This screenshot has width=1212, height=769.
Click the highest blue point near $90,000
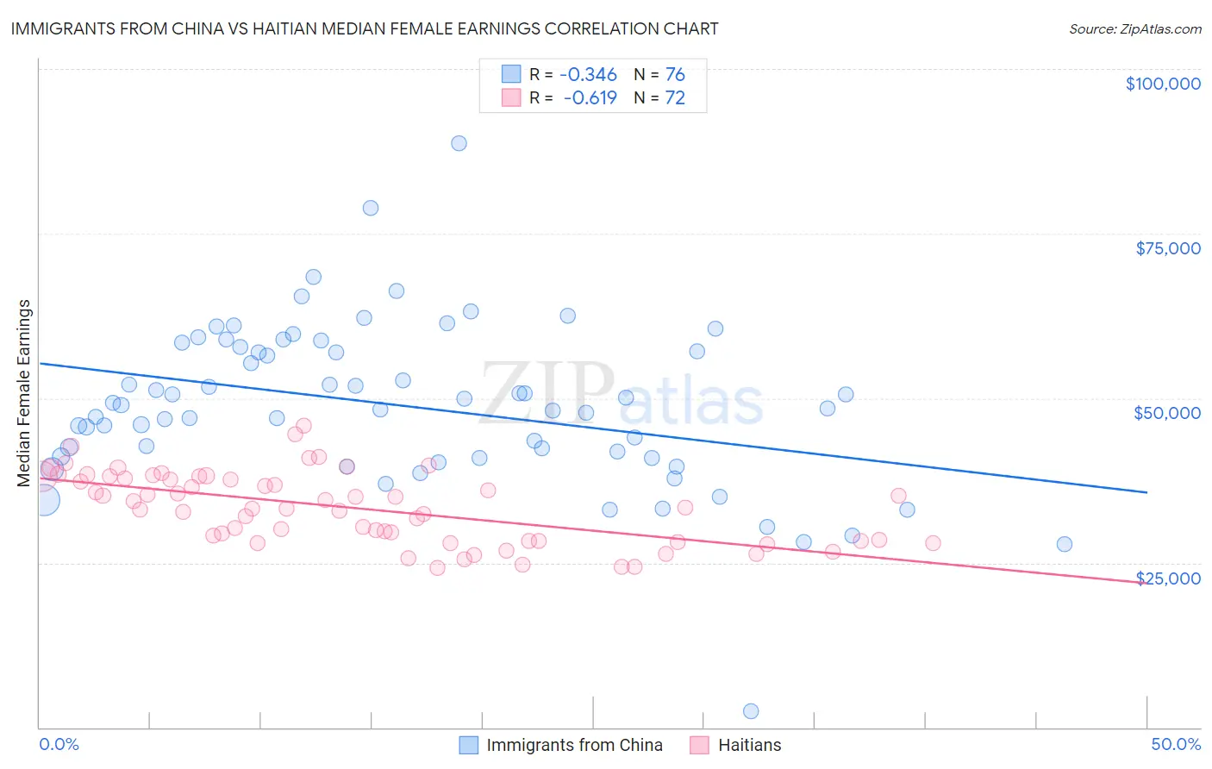point(459,143)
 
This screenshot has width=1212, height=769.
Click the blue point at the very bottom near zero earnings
point(751,711)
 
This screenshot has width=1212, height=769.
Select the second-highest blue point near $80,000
point(371,208)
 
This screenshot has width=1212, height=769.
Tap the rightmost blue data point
point(1065,544)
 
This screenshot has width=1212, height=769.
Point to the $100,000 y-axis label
point(1163,84)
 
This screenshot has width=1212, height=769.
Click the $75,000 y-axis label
point(1168,248)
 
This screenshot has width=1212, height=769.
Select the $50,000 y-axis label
point(1167,413)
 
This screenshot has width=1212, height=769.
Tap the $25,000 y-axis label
point(1168,578)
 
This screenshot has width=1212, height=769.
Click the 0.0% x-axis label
point(59,744)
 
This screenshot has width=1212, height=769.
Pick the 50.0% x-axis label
point(1176,744)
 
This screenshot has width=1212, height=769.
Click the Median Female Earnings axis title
point(24,393)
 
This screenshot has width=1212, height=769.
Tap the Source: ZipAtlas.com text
point(1134,28)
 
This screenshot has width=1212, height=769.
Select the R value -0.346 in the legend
point(590,75)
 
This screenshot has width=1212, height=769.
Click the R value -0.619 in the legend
point(590,98)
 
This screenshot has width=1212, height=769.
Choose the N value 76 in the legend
point(675,75)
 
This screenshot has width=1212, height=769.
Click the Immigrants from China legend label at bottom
point(574,745)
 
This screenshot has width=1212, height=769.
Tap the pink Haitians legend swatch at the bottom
point(699,745)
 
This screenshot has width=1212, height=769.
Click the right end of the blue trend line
point(1146,492)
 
